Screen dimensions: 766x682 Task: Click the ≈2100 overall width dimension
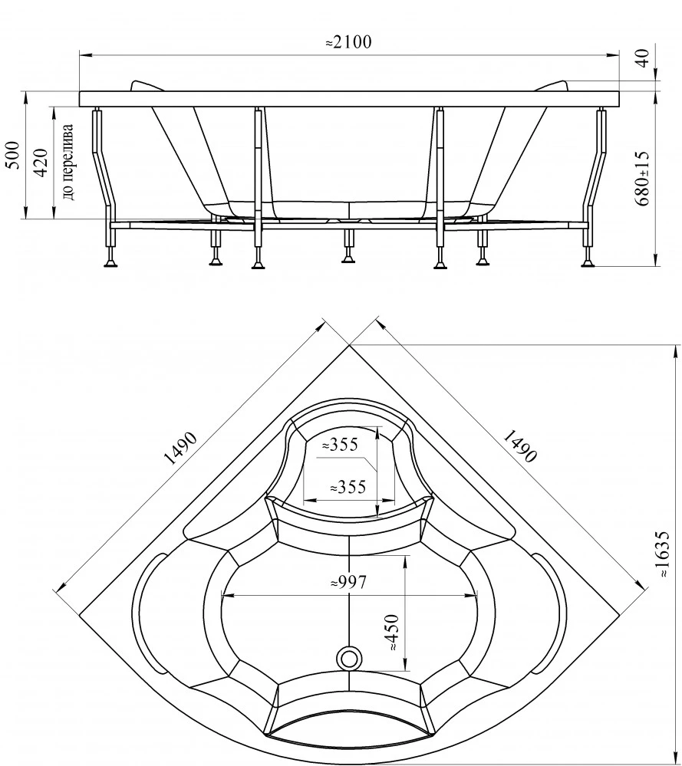coord(349,42)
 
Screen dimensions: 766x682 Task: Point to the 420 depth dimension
coord(42,163)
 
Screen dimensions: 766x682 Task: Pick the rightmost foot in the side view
coord(588,263)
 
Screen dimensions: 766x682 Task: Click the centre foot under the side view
coord(349,256)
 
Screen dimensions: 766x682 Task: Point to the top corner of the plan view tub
coord(350,346)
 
